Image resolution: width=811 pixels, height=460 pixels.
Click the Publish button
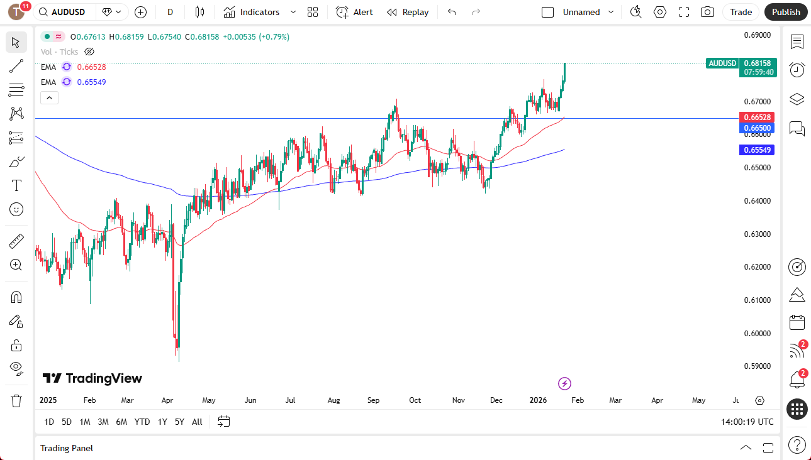(x=786, y=12)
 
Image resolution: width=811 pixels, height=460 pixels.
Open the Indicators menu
(x=259, y=12)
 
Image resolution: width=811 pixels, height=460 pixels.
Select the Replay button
(x=408, y=12)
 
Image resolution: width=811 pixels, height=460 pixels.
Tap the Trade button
(x=741, y=12)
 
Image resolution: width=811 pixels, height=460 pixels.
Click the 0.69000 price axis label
(x=757, y=35)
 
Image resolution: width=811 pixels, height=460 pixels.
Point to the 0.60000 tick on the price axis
(x=757, y=334)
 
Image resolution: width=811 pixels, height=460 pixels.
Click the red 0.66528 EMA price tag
(x=758, y=118)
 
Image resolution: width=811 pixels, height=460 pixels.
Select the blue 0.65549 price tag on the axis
(x=758, y=150)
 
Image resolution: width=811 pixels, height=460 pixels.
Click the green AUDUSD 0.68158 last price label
(x=741, y=63)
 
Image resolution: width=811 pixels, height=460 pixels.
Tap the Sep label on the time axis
(x=374, y=400)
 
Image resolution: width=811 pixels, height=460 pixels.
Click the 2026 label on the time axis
(x=539, y=400)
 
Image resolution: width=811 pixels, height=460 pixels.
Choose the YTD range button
(x=142, y=422)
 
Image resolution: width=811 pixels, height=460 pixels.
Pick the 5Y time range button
(x=179, y=422)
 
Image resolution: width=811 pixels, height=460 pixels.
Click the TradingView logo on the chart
(x=92, y=378)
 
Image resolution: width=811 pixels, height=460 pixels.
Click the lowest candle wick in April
(x=179, y=358)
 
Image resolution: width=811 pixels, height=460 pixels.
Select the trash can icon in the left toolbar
(x=16, y=400)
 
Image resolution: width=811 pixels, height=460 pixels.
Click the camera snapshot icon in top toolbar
(x=707, y=12)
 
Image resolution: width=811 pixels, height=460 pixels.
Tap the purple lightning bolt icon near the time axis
(x=564, y=383)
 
